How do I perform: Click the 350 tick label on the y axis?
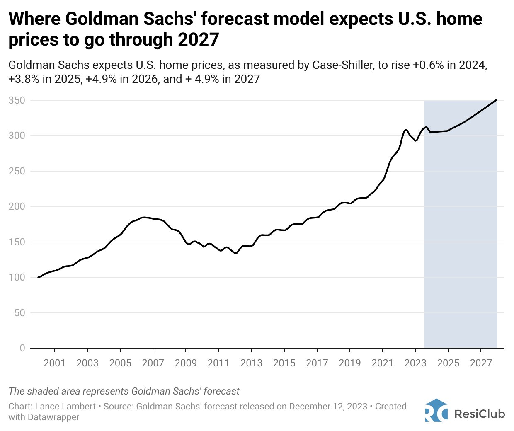pos(17,101)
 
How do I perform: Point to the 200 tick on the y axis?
pos(17,206)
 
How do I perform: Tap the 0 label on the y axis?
pos(22,348)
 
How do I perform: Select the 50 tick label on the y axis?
pos(19,313)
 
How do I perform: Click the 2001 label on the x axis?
pos(54,363)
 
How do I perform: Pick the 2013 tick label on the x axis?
pos(251,363)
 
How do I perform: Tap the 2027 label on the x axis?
pos(481,363)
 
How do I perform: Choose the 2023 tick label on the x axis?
pos(415,363)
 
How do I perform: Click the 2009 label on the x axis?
pos(186,363)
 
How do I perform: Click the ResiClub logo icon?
pos(436,410)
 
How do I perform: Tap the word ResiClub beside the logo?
pos(480,414)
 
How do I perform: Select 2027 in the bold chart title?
pos(198,40)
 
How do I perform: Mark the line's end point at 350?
pos(496,100)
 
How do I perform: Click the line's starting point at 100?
pos(38,277)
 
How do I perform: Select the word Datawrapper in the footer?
pos(53,417)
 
